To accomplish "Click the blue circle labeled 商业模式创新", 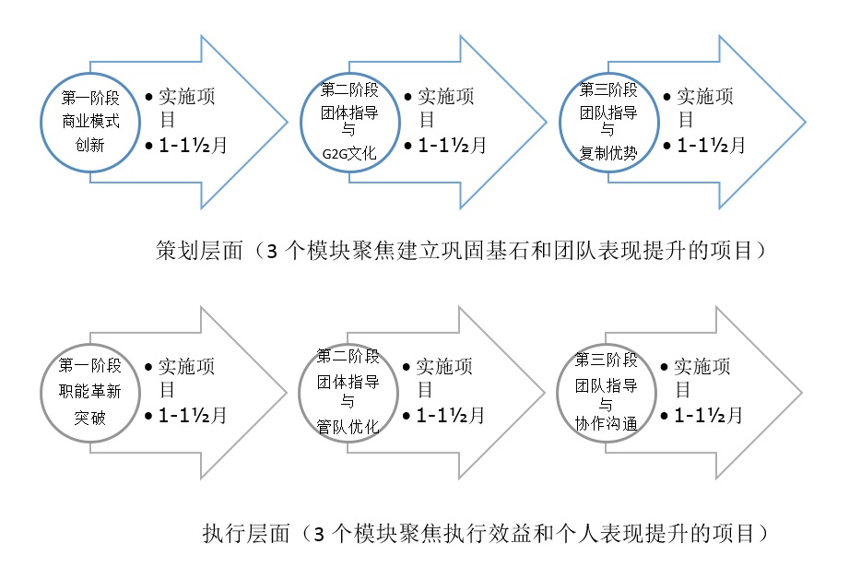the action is pos(41,123).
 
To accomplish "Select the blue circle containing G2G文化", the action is pos(301,123).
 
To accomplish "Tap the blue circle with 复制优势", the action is pos(560,123).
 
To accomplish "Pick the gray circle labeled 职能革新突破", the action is pos(41,393).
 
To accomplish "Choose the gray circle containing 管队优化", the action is pos(300,393).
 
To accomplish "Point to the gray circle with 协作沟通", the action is pos(559,393).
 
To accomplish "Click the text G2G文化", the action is pos(349,154).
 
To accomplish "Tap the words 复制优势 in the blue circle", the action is pos(608,154).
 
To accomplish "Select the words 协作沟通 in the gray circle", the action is pos(606,423).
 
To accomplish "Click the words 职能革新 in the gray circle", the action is pos(90,391).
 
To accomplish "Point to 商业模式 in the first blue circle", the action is pos(90,122).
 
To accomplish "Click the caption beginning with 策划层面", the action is pos(461,250).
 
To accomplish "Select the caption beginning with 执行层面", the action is pos(486,534).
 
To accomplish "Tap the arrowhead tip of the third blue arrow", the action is pos(806,123).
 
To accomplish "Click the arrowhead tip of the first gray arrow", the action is pos(287,393).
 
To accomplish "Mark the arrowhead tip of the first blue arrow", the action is pos(288,123).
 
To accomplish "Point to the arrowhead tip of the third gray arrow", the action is pos(802,393).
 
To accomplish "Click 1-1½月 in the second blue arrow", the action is pos(452,145).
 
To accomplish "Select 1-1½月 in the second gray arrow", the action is pos(450,416).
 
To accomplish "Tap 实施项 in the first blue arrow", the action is pos(187,97).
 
